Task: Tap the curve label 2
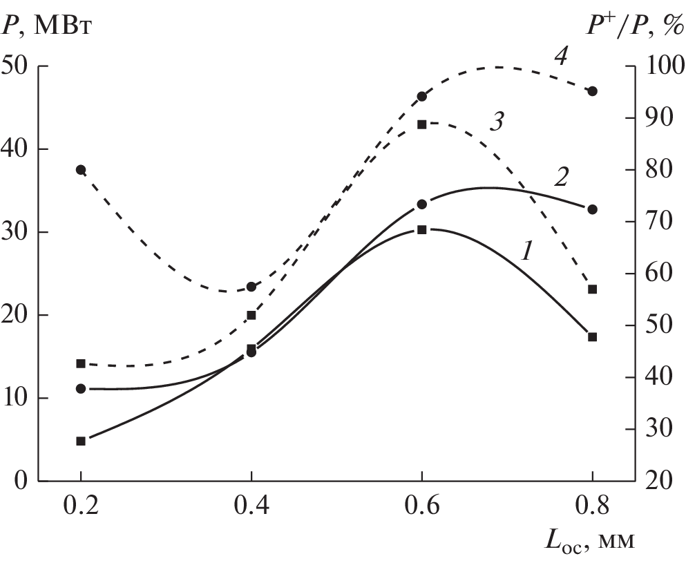pos(561,178)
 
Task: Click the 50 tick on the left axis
pos(19,67)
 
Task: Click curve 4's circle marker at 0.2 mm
pos(81,170)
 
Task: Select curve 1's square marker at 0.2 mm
pos(81,441)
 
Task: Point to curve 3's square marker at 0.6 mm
pos(421,124)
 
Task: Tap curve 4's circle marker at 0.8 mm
pos(592,91)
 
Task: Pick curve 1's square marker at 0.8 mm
pos(592,337)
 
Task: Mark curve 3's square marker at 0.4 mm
pos(251,315)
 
